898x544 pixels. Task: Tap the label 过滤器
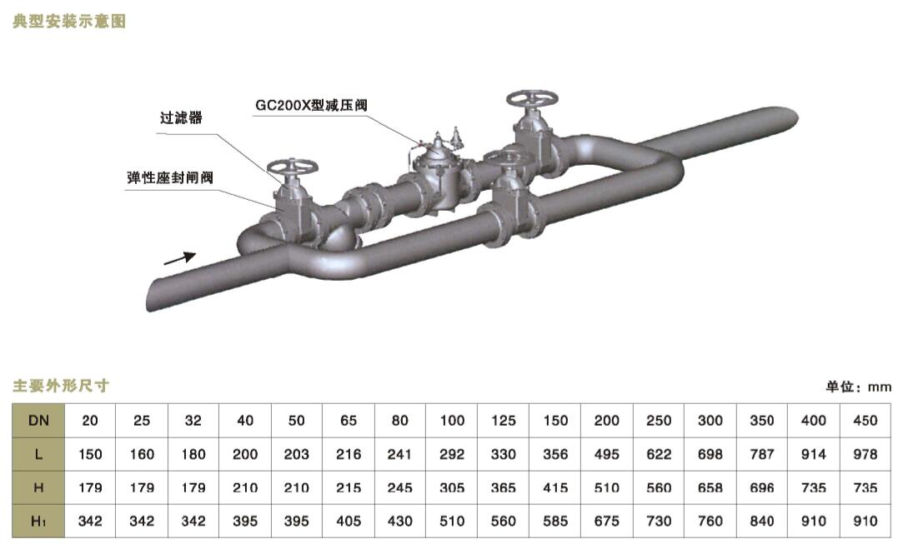tap(181, 117)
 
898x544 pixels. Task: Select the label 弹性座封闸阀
tap(170, 177)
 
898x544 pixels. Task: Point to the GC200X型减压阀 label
tap(311, 106)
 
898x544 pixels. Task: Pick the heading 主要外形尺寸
tap(61, 386)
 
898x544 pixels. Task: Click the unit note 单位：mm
tap(859, 387)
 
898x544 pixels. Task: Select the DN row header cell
tap(38, 421)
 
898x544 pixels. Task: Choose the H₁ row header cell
tap(38, 521)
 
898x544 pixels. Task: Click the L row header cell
tap(38, 454)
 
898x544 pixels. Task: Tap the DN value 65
tap(349, 421)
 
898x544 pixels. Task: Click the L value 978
tap(865, 454)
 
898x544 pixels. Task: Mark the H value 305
tap(452, 488)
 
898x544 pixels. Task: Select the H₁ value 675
tap(607, 522)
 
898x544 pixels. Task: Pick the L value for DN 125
tap(504, 454)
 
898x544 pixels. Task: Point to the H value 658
tap(710, 488)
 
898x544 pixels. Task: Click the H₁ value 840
tap(762, 522)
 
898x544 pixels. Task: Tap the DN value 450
tap(865, 421)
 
